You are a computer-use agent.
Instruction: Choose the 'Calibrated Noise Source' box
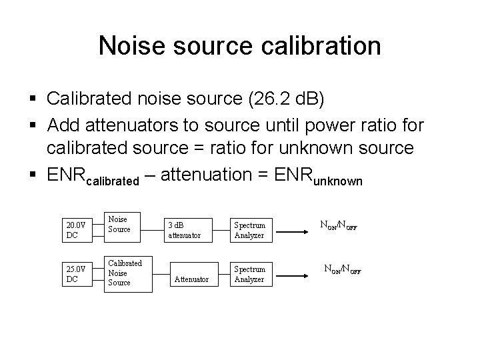click(125, 273)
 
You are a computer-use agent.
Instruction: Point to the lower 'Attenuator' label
click(191, 279)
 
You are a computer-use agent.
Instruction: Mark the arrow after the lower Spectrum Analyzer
click(294, 272)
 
